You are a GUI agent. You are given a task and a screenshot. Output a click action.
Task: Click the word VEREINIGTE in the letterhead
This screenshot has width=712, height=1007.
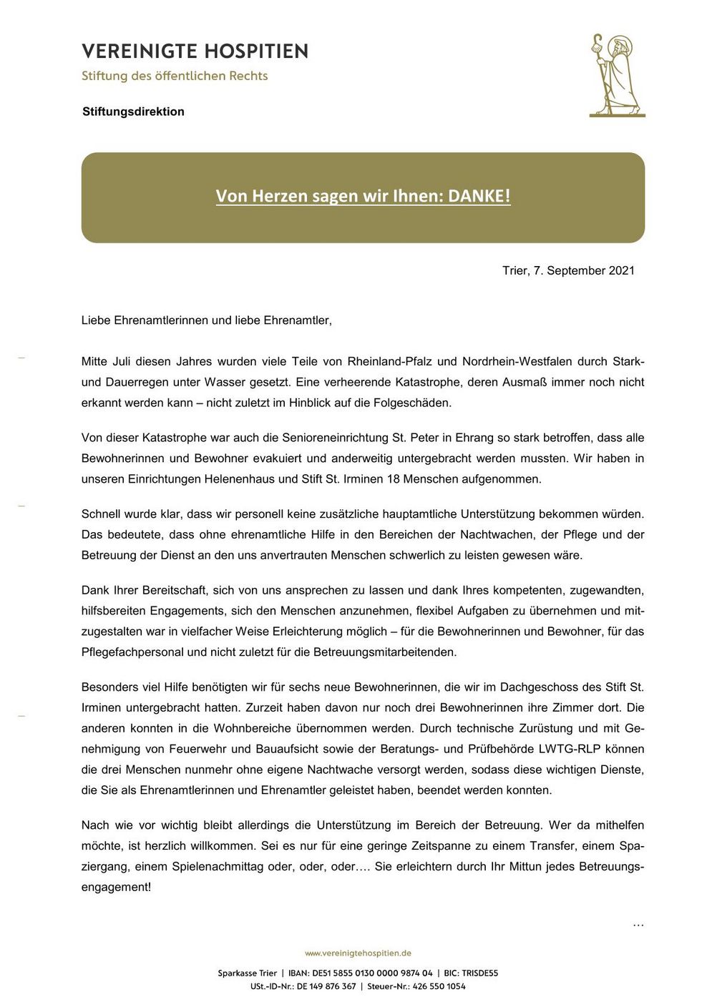[134, 51]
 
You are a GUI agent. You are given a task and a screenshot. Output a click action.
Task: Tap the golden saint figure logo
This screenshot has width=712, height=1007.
[616, 75]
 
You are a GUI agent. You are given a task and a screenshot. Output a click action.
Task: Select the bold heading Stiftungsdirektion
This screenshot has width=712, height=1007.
[133, 112]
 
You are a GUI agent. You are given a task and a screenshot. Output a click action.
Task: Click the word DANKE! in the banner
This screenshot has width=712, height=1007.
[479, 196]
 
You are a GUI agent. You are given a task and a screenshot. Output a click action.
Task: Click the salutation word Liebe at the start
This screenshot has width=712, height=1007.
[96, 320]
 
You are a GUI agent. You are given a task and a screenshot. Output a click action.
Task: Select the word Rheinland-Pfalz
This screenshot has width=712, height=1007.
[389, 361]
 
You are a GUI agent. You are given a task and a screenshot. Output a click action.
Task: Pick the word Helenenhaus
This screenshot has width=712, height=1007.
[240, 479]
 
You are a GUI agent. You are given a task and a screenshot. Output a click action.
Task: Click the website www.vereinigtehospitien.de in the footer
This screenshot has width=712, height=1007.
[358, 953]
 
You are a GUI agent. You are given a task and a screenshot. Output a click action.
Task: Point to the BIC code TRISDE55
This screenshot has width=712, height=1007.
[479, 973]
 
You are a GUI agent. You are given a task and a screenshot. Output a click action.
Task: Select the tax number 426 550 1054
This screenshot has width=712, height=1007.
[439, 986]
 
